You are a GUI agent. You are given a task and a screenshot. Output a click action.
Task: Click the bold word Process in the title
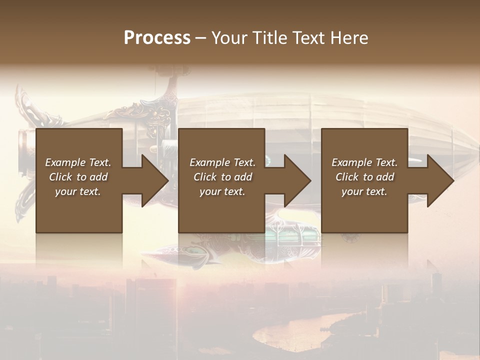tap(157, 38)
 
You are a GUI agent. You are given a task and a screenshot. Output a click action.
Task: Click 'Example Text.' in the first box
tap(78, 162)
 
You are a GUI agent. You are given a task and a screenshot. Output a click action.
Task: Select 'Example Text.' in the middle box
tap(222, 162)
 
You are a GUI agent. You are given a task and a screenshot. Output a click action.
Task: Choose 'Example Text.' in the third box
tap(364, 162)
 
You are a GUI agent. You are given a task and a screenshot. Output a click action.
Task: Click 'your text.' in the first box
tap(78, 191)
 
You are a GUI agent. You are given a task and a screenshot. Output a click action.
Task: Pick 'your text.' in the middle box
tap(222, 191)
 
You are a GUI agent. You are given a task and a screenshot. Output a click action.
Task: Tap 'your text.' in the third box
tap(364, 191)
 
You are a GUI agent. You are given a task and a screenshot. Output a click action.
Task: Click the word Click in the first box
tap(60, 177)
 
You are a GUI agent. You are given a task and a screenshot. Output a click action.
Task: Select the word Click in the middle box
tap(205, 177)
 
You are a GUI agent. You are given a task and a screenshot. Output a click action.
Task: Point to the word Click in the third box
tap(347, 177)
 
